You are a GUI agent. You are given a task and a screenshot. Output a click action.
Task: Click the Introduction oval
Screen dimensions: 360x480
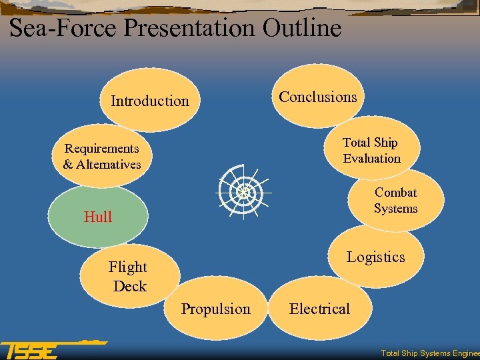[150, 101]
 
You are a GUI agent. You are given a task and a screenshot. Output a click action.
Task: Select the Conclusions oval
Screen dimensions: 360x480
[317, 97]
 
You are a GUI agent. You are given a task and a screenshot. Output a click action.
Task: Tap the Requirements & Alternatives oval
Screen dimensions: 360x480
[102, 156]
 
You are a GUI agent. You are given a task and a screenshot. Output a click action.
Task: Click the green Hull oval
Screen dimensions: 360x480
[97, 217]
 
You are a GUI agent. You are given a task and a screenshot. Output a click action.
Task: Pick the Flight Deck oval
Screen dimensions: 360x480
[129, 276]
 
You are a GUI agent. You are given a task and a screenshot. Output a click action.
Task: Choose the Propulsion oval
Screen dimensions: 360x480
[216, 309]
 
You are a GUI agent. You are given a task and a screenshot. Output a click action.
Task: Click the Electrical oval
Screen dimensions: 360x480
[319, 309]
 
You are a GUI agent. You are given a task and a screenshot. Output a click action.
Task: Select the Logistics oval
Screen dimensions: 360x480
[375, 257]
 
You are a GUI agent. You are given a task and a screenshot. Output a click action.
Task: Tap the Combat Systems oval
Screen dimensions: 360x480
[395, 200]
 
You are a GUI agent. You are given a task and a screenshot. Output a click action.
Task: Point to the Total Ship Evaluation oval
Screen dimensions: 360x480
[371, 150]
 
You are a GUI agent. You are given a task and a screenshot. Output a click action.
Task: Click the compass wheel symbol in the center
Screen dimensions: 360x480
[243, 191]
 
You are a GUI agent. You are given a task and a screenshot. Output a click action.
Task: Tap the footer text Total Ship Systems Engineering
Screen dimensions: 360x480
[429, 353]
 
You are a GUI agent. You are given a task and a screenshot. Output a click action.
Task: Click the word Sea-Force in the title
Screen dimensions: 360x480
[64, 28]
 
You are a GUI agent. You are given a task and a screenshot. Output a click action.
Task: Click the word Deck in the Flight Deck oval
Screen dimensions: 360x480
[130, 286]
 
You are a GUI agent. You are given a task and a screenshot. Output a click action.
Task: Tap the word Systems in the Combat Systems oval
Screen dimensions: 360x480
[395, 209]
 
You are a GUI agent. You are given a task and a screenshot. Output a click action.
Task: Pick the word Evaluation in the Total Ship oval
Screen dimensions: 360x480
[372, 159]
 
